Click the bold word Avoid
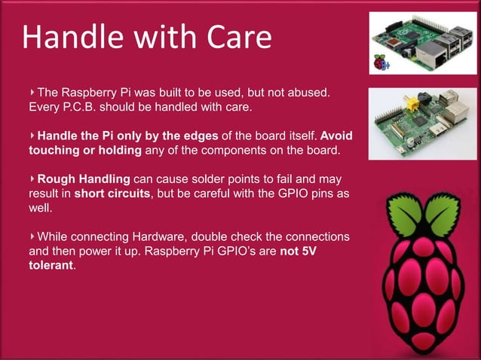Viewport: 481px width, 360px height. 337,136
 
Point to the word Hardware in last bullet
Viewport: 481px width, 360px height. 151,236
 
